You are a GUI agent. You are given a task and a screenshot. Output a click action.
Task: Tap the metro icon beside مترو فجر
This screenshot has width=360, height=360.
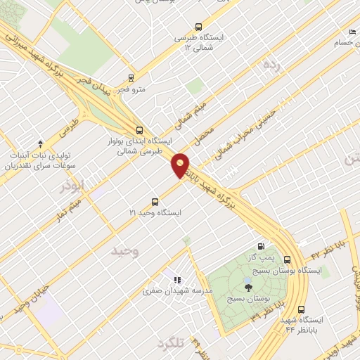[x=131, y=78]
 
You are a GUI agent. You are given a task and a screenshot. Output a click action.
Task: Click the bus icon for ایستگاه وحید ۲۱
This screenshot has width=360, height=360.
[x=155, y=202]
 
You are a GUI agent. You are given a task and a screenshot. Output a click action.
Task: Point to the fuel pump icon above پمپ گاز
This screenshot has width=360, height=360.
[x=262, y=247]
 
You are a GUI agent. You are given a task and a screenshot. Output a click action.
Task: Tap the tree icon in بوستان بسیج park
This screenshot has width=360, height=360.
[x=247, y=286]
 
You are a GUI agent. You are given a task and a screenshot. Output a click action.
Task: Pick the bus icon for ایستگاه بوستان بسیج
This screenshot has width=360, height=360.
[x=287, y=259]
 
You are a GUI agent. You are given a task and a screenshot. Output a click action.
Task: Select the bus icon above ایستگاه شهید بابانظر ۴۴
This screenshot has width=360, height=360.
[x=301, y=309]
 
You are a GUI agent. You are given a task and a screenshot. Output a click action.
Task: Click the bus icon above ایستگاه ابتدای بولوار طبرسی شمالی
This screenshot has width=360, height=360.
[x=139, y=130]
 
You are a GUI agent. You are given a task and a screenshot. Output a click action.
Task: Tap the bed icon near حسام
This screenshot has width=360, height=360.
[x=352, y=32]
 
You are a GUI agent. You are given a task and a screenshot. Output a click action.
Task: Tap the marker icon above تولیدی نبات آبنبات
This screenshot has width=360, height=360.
[x=39, y=143]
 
